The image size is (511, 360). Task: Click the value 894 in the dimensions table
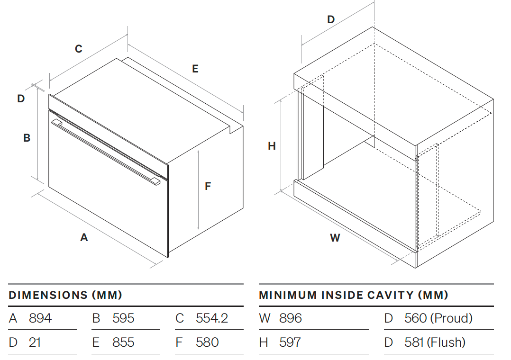(x=40, y=318)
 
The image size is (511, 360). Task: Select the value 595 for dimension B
(x=123, y=318)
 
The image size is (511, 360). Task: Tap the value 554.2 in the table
(x=212, y=318)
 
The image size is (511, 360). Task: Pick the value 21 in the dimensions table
(x=35, y=342)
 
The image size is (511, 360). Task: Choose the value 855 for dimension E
(x=123, y=342)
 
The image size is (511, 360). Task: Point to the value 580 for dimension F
(x=207, y=342)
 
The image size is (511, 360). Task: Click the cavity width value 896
(x=291, y=318)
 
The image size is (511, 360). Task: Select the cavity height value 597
(x=290, y=342)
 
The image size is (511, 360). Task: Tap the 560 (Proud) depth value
(x=438, y=318)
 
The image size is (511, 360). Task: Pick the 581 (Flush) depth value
(x=435, y=342)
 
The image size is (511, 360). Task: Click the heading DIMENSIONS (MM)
(x=65, y=295)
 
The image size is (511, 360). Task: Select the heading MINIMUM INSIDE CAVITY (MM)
(x=353, y=295)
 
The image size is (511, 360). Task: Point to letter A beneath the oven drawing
(x=84, y=237)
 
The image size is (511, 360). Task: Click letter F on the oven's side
(x=208, y=186)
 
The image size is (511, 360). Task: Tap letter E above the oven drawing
(x=195, y=69)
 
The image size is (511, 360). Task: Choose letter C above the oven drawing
(x=79, y=48)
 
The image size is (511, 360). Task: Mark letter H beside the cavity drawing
(x=272, y=146)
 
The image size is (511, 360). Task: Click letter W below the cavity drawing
(x=335, y=238)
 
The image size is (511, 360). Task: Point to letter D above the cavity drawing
(x=331, y=19)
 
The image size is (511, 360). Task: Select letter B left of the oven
(x=27, y=138)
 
